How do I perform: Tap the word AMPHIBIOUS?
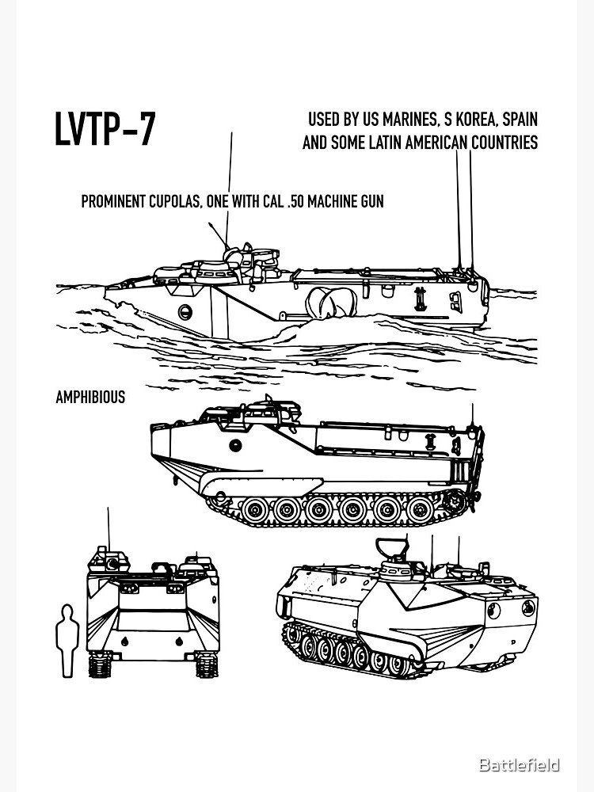(89, 398)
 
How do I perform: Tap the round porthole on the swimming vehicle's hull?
(185, 311)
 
